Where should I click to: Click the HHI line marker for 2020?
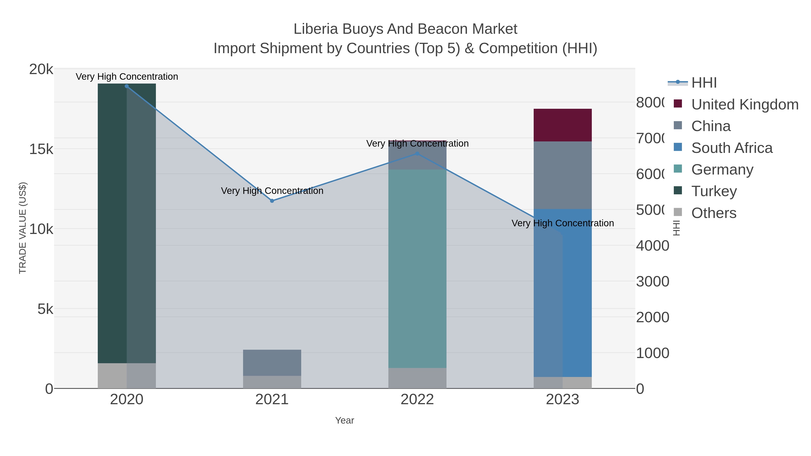[x=127, y=86]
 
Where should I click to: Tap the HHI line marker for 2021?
[x=272, y=201]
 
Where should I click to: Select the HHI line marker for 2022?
[x=417, y=154]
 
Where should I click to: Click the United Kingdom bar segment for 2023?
[x=562, y=125]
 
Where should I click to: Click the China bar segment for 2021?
[x=272, y=363]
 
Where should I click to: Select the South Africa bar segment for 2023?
[x=562, y=293]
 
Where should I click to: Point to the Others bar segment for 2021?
[x=272, y=382]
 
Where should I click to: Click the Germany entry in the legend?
[x=722, y=170]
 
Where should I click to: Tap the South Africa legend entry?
[x=732, y=148]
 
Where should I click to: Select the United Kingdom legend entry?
[x=745, y=104]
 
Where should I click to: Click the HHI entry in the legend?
[x=704, y=83]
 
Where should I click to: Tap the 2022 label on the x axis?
[x=417, y=400]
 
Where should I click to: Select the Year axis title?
[x=344, y=420]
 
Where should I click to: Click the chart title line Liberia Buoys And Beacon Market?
[x=405, y=29]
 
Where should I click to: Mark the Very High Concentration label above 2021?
[x=272, y=191]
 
